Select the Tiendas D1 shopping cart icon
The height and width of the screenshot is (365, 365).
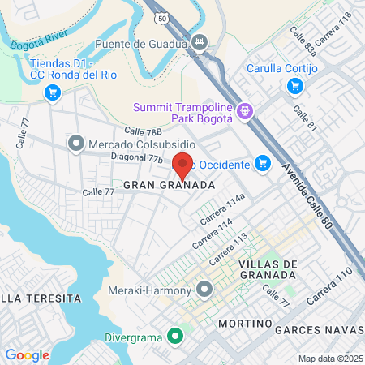point(54,93)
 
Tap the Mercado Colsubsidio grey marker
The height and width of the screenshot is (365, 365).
point(76,144)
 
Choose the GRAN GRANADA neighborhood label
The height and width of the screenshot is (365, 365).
point(169,185)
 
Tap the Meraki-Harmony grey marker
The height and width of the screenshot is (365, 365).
point(204,290)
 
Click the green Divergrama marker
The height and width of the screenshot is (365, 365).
point(174,336)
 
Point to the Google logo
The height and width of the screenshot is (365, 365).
point(27,355)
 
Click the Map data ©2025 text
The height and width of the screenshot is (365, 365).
point(329,359)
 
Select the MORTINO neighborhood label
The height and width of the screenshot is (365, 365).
point(243,324)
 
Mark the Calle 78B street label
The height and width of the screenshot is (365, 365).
point(144,131)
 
